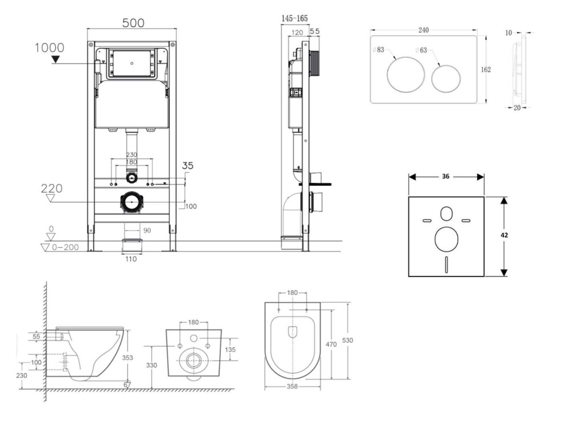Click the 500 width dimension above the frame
[x=133, y=23]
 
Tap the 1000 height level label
[x=49, y=48]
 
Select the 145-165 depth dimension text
[x=295, y=18]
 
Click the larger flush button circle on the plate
[x=406, y=75]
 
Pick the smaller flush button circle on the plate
[x=446, y=79]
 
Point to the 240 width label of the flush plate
[x=423, y=30]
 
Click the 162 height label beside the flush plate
[x=486, y=69]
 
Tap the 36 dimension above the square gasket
[x=446, y=177]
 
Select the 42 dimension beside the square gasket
[x=504, y=235]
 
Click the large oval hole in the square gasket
[x=447, y=239]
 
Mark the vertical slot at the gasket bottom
[x=447, y=264]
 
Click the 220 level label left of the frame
[x=51, y=189]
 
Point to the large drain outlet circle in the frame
[x=131, y=202]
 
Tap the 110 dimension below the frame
[x=131, y=259]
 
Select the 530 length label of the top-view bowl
[x=347, y=340]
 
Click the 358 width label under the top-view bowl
[x=292, y=386]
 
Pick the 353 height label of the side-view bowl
[x=127, y=358]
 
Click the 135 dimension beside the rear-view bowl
[x=230, y=350]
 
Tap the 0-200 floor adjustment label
[x=65, y=247]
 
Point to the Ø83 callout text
[x=378, y=50]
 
